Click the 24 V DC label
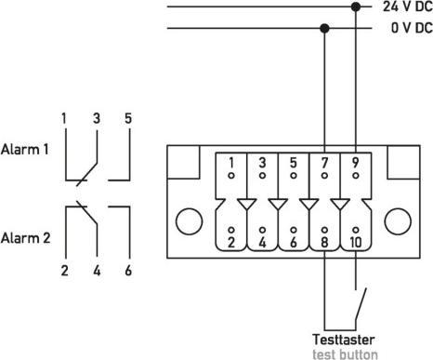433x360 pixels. pos(407,7)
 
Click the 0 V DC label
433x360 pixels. pos(409,28)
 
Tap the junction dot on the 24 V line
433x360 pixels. pos(354,7)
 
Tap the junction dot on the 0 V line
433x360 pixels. pos(323,28)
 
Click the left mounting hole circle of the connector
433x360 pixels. pos(190,221)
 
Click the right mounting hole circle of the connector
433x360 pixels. pos(400,221)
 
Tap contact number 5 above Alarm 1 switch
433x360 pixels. pos(127,118)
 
